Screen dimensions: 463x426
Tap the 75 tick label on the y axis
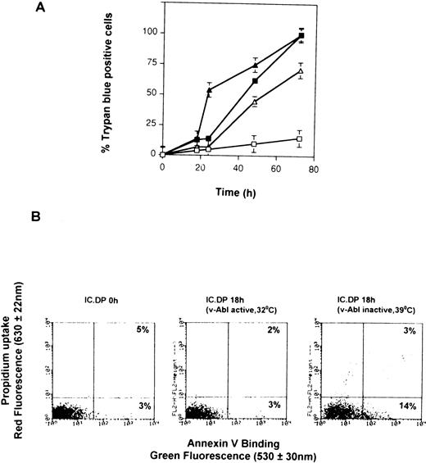coord(150,63)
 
